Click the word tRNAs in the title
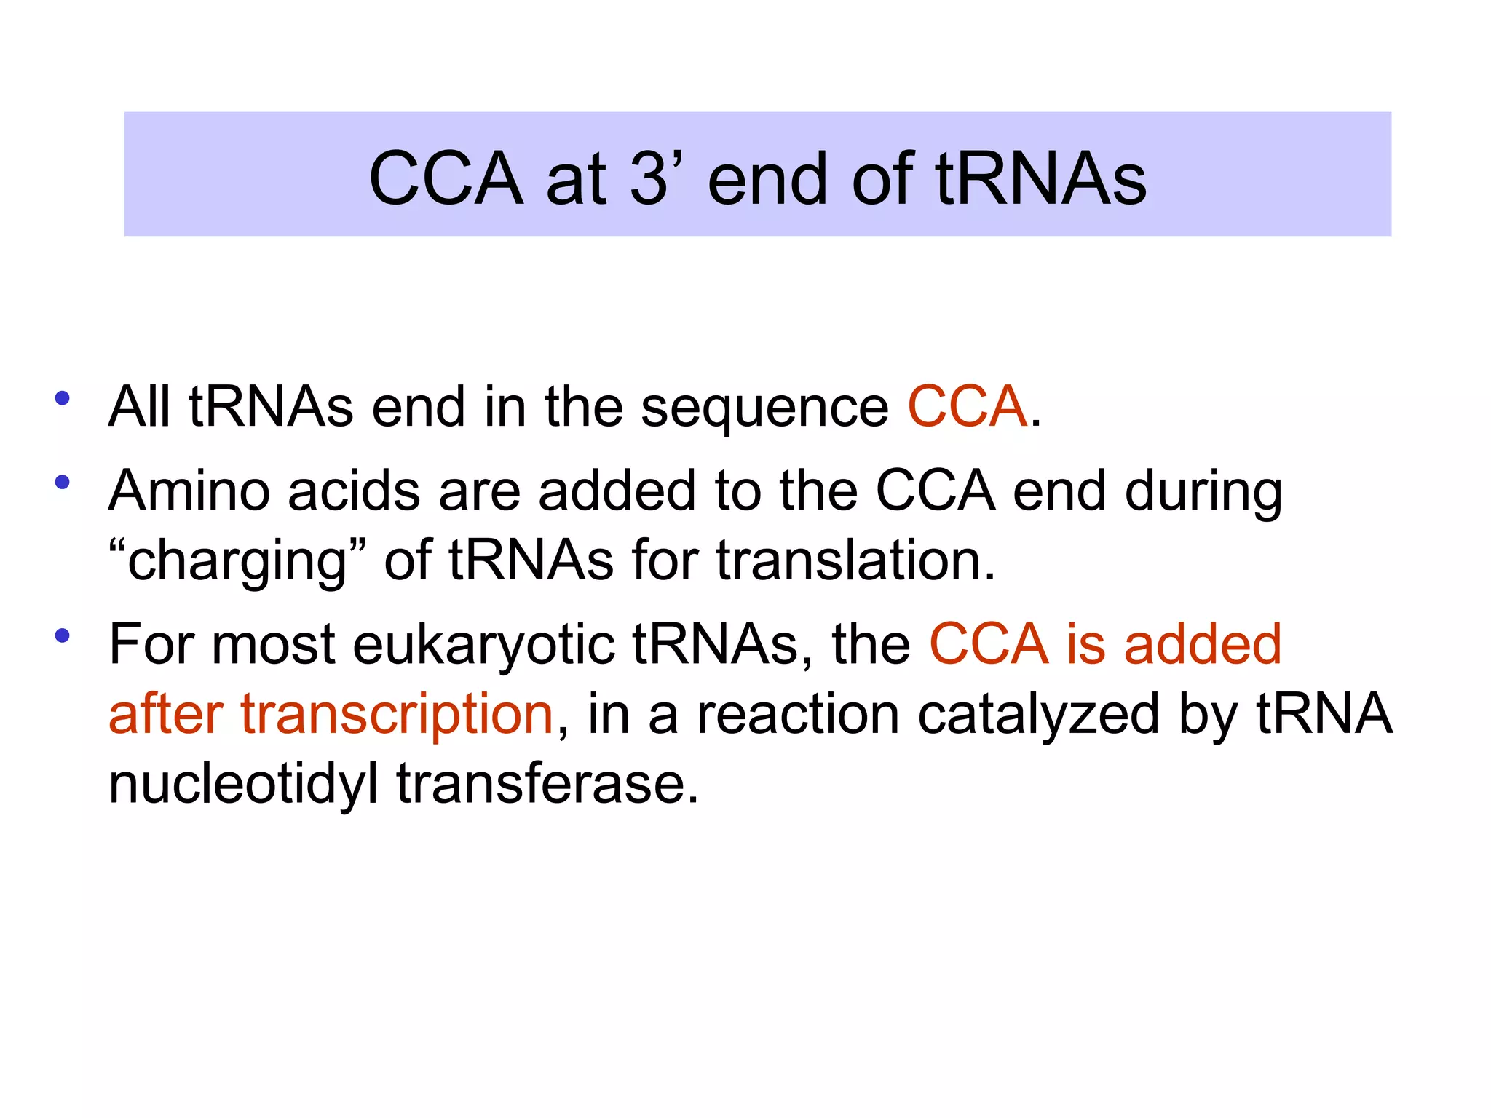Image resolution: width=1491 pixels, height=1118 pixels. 1041,179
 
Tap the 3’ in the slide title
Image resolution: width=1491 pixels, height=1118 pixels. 653,179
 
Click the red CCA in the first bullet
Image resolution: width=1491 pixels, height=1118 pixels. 968,407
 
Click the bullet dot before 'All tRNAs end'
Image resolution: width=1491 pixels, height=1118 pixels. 63,398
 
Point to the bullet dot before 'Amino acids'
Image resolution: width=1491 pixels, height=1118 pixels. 63,482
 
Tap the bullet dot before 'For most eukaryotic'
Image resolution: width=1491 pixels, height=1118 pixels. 63,635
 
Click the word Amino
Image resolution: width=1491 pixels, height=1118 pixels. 189,491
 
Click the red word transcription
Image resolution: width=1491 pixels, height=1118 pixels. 397,715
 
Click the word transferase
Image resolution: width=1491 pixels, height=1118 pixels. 547,785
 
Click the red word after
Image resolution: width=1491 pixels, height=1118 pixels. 166,715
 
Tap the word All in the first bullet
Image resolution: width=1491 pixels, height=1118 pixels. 139,407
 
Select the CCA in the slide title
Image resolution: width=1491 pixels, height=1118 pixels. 446,179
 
